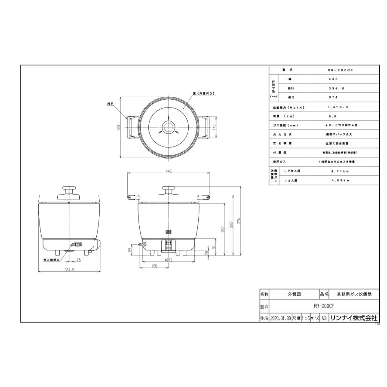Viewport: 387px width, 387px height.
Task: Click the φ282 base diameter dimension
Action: [168, 260]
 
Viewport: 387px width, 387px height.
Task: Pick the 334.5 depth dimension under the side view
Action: [69, 270]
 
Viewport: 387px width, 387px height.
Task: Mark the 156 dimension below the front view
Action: [154, 266]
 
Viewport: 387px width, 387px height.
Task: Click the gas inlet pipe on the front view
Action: [141, 244]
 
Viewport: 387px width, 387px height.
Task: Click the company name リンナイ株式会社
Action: [356, 318]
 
